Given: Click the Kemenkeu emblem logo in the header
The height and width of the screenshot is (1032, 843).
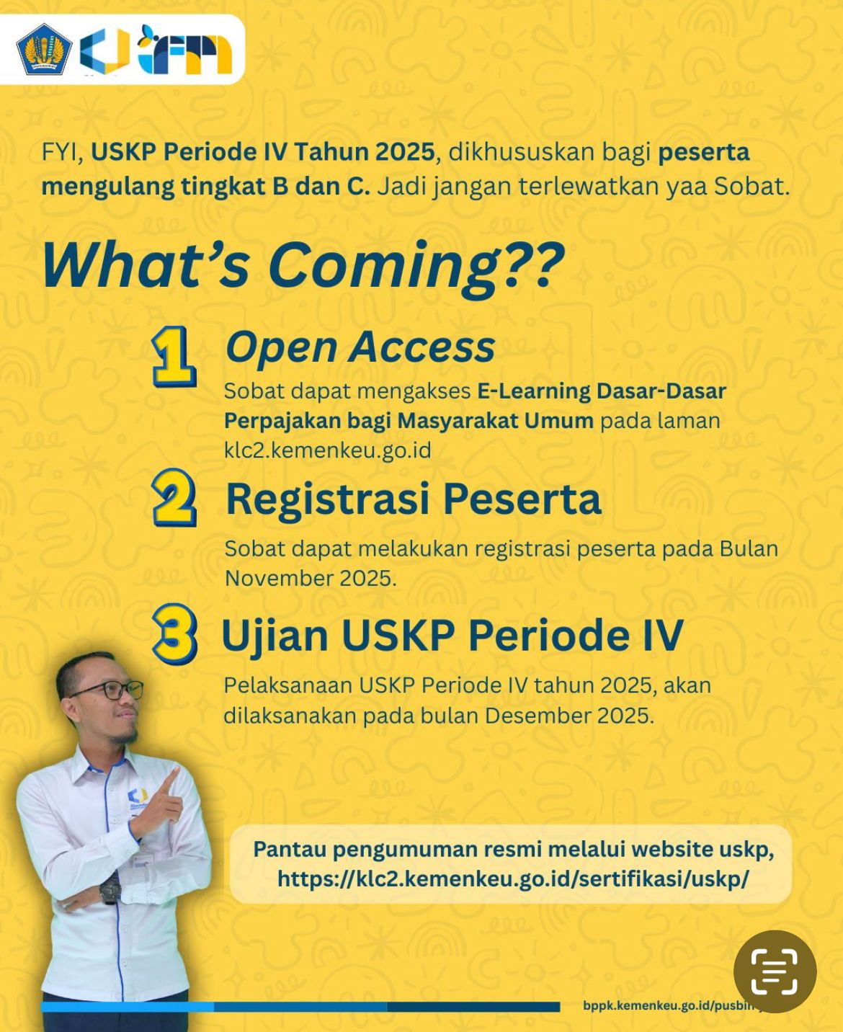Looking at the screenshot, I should click(44, 50).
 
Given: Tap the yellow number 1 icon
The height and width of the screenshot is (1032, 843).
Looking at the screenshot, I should click(174, 357).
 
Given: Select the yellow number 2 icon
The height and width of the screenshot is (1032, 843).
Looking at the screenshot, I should click(174, 497).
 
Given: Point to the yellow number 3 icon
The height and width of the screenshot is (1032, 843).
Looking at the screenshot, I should click(174, 633).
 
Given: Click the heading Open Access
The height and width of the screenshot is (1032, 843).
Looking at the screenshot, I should click(360, 347).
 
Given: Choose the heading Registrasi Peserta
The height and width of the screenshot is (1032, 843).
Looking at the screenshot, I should click(413, 499).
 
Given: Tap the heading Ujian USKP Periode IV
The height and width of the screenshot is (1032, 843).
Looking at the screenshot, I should click(452, 636).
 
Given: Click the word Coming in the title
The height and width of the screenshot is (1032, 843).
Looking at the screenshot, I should click(383, 264).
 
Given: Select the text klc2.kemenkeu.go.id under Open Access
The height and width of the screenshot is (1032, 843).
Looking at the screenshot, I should click(327, 450).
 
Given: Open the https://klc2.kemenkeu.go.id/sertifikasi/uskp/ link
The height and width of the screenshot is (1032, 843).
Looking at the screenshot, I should click(513, 879).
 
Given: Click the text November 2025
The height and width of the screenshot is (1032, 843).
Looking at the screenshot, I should click(310, 578).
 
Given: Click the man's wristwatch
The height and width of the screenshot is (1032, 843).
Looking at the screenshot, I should click(110, 892).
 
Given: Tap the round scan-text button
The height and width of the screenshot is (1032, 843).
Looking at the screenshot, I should click(775, 971).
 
